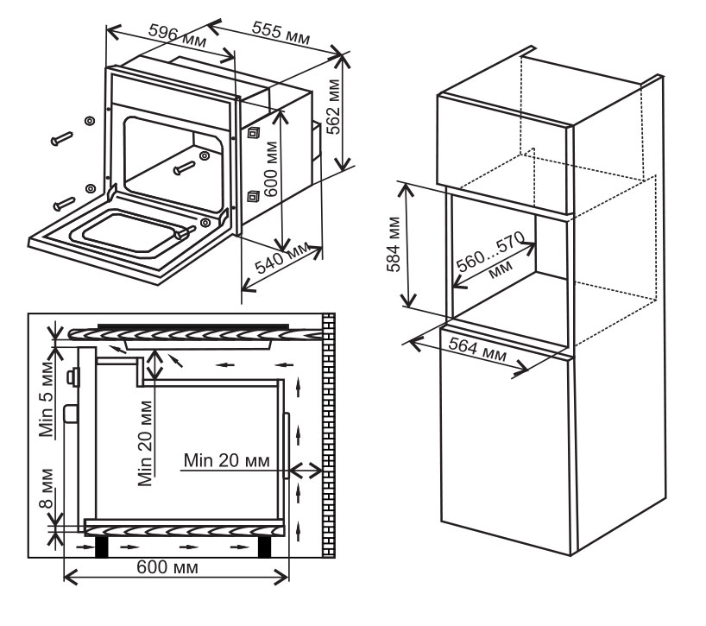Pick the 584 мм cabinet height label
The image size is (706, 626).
click(393, 243)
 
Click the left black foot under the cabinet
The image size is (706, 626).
click(101, 547)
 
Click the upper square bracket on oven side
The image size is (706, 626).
click(254, 132)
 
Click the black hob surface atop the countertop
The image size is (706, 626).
click(191, 326)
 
